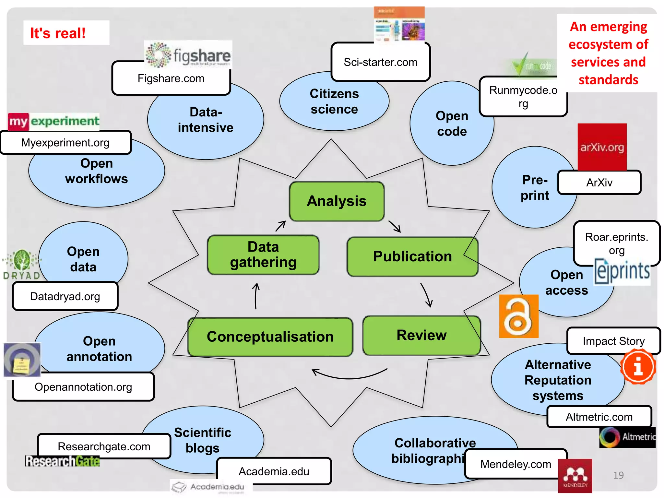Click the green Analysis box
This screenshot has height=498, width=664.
pyautogui.click(x=337, y=201)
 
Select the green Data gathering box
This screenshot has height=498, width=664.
pyautogui.click(x=263, y=255)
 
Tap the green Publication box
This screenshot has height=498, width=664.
pyautogui.click(x=412, y=256)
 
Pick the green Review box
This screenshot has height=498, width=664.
pyautogui.click(x=421, y=335)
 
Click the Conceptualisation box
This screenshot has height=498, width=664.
pyautogui.click(x=270, y=337)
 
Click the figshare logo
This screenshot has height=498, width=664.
pyautogui.click(x=188, y=55)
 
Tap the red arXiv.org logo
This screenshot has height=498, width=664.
pyautogui.click(x=602, y=147)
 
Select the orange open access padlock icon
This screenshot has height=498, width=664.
pyautogui.click(x=518, y=316)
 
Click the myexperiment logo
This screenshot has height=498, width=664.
pyautogui.click(x=53, y=122)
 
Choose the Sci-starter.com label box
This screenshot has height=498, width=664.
pyautogui.click(x=380, y=62)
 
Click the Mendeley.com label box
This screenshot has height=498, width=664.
pyautogui.click(x=516, y=464)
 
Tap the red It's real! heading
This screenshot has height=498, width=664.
pyautogui.click(x=58, y=33)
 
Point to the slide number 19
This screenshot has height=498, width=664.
pyautogui.click(x=618, y=475)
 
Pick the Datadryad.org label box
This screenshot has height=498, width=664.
pyautogui.click(x=65, y=296)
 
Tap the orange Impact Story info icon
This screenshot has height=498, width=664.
pyautogui.click(x=638, y=367)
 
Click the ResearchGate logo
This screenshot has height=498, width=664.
pyautogui.click(x=62, y=461)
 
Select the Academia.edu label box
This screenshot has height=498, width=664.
pyautogui.click(x=274, y=471)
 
